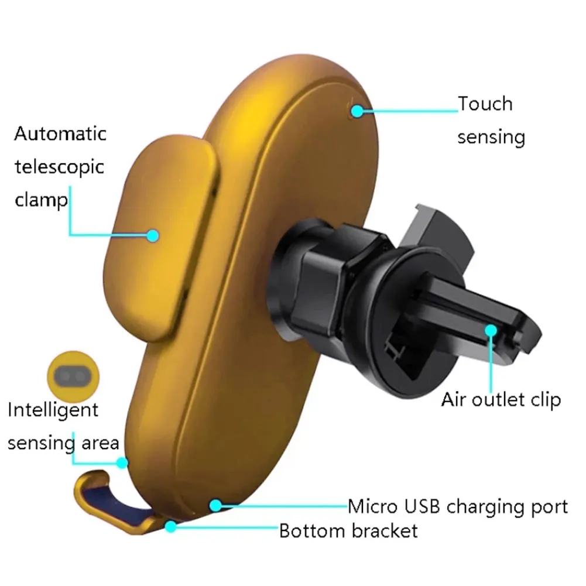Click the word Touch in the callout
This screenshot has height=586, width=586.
(485, 104)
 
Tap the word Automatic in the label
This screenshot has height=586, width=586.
(60, 133)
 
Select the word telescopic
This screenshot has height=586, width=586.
(59, 167)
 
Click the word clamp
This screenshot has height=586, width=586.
(41, 200)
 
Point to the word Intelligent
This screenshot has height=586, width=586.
(53, 410)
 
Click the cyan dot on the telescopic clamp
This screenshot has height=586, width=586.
(153, 235)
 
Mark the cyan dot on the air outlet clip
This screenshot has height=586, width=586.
(491, 330)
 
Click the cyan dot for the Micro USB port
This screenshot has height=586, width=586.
(216, 505)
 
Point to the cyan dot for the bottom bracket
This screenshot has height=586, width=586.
(170, 526)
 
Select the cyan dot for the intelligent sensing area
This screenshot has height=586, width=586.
(122, 462)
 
